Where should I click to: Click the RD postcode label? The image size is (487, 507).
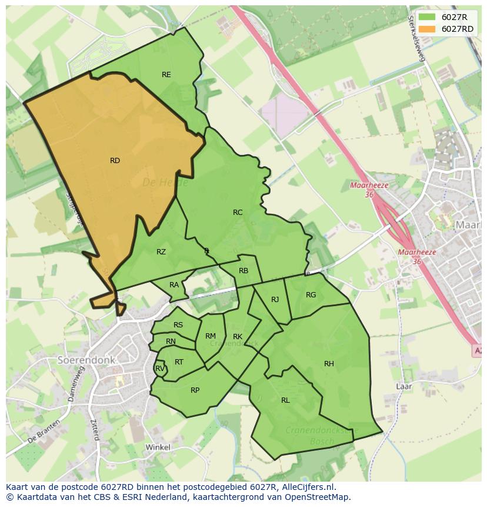pyautogui.click(x=115, y=161)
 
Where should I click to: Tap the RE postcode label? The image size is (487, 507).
pyautogui.click(x=166, y=75)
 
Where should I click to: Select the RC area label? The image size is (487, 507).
pyautogui.click(x=238, y=213)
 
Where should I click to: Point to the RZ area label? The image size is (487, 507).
pyautogui.click(x=161, y=252)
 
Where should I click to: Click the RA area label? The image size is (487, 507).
pyautogui.click(x=174, y=285)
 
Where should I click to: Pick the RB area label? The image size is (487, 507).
pyautogui.click(x=243, y=271)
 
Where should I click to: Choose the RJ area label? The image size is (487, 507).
pyautogui.click(x=275, y=300)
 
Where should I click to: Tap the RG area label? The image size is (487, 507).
pyautogui.click(x=311, y=295)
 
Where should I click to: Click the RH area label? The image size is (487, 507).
pyautogui.click(x=329, y=364)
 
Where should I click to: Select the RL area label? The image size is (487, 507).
pyautogui.click(x=285, y=400)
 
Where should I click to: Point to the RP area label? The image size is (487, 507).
pyautogui.click(x=195, y=390)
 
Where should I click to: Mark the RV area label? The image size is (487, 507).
pyautogui.click(x=159, y=369)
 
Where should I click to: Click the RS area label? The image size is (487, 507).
pyautogui.click(x=178, y=325)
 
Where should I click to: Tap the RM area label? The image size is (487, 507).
pyautogui.click(x=211, y=336)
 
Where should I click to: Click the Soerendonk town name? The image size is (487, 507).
pyautogui.click(x=86, y=359)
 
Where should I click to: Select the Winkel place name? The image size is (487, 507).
pyautogui.click(x=158, y=448)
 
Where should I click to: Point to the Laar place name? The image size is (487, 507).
pyautogui.click(x=403, y=387)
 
